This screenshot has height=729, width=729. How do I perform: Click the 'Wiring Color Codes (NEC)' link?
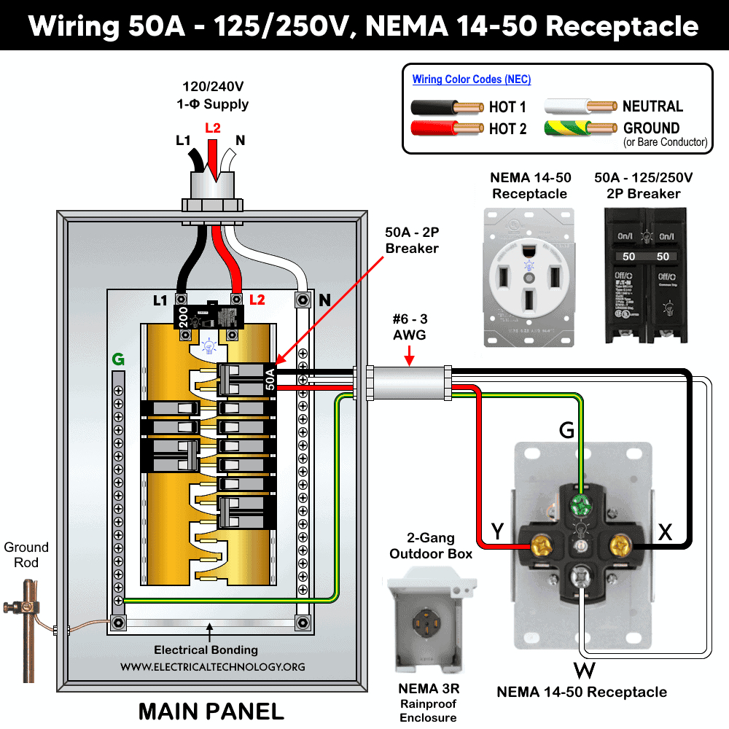[x=472, y=79]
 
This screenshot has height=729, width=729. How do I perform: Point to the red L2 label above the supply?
[x=212, y=128]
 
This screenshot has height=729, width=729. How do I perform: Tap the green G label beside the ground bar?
[x=117, y=359]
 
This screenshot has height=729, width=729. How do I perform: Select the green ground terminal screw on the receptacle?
[x=580, y=504]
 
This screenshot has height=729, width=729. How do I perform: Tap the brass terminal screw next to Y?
[x=542, y=543]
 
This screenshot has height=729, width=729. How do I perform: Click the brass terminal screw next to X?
[x=621, y=543]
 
